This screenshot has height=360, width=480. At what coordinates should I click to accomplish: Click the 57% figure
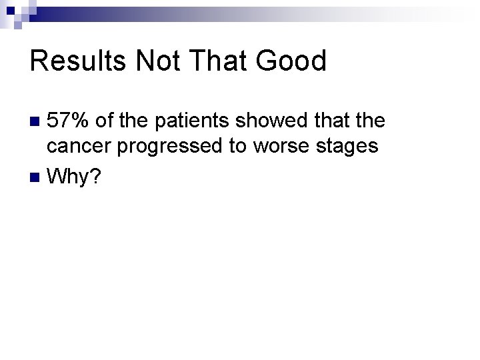tap(70, 121)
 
